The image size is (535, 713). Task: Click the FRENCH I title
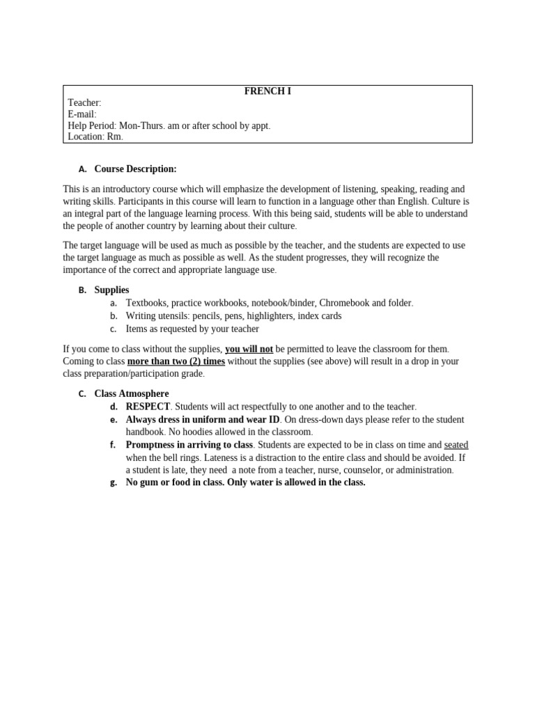coord(267,91)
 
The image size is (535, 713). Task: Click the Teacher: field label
coord(84,103)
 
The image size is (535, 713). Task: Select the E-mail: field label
coord(82,114)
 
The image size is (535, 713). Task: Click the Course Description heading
coord(135,169)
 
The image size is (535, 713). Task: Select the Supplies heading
coord(111,290)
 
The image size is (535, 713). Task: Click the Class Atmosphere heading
coord(132,393)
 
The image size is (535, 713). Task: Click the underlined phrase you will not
coord(249,349)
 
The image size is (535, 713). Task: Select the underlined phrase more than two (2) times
coord(176,361)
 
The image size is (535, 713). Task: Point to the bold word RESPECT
coord(148,407)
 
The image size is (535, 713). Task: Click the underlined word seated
coord(456,445)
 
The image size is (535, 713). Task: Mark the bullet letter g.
coord(114,483)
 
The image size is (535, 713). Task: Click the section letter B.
coord(82,290)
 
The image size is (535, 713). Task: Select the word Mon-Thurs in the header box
coord(142,125)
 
